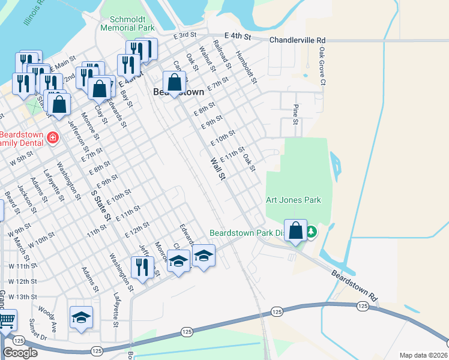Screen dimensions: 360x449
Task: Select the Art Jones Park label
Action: pos(294,200)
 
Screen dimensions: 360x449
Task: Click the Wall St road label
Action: pos(218,169)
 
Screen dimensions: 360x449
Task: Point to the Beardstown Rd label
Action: pos(356,285)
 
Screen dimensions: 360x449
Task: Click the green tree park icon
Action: pos(311,231)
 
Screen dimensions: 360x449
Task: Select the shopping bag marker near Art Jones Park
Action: pos(296,230)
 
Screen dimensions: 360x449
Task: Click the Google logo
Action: pos(20,353)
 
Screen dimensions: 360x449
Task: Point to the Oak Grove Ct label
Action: pos(322,66)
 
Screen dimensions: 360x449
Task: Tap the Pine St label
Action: pos(295,114)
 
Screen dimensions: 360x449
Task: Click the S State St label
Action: pos(100,205)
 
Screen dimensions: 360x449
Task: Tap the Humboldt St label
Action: pos(246,67)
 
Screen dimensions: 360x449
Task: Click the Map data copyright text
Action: pos(424,355)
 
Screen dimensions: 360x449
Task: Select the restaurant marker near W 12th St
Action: pos(142,266)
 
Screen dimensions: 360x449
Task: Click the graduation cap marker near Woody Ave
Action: pos(82,316)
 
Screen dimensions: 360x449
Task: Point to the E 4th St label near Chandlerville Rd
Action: pos(237,37)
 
